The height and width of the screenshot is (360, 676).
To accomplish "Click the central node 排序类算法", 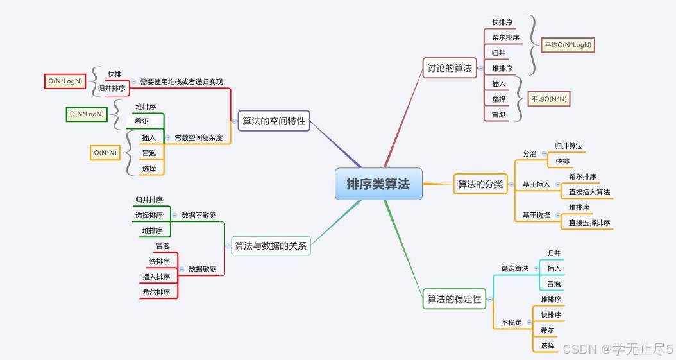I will pyautogui.click(x=378, y=184).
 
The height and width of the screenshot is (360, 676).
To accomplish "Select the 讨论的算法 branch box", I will pyautogui.click(x=450, y=67).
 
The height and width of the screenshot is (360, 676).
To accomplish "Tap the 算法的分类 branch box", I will pyautogui.click(x=480, y=184).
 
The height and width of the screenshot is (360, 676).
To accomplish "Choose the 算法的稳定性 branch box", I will pyautogui.click(x=454, y=299).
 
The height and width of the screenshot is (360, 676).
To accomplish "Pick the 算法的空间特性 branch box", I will pyautogui.click(x=274, y=121).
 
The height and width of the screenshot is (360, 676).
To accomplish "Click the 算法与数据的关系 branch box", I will pyautogui.click(x=271, y=245).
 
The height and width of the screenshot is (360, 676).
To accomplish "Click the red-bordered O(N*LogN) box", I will pyautogui.click(x=65, y=81).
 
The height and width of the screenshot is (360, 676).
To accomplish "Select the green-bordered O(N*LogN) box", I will pyautogui.click(x=87, y=114).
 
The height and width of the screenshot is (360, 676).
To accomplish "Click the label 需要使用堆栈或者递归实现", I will pyautogui.click(x=182, y=81).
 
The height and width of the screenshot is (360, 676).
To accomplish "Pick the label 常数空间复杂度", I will pyautogui.click(x=198, y=137).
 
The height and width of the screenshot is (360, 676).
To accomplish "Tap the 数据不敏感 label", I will pyautogui.click(x=199, y=215).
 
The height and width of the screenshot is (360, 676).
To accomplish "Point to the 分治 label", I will pyautogui.click(x=529, y=154).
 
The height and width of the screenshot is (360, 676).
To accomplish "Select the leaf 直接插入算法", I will pyautogui.click(x=589, y=192).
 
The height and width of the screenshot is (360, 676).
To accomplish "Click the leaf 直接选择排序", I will pyautogui.click(x=589, y=223).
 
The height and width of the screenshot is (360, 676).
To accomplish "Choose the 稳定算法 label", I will pyautogui.click(x=515, y=268).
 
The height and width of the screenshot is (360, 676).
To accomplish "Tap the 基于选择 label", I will pyautogui.click(x=536, y=215).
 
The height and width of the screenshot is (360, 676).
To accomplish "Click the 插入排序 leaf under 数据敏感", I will pyautogui.click(x=156, y=277).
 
